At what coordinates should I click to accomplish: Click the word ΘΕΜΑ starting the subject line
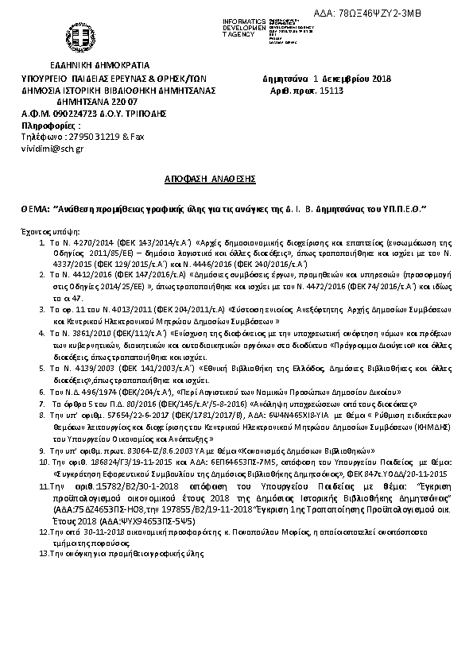(34, 207)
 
